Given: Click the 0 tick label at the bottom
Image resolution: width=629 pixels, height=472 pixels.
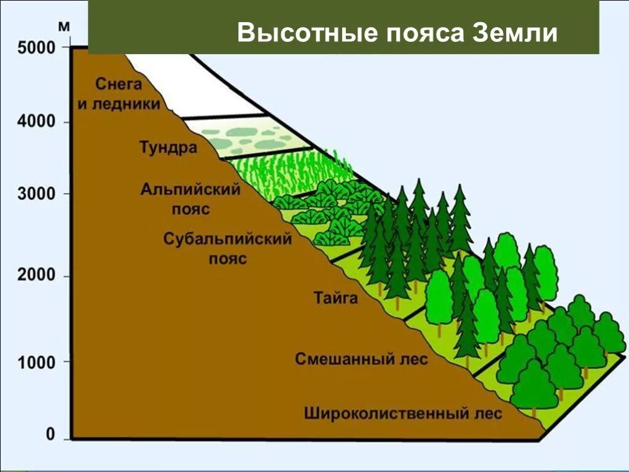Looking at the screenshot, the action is point(50,435).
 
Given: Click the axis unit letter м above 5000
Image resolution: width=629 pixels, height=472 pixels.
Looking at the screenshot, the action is point(64,27).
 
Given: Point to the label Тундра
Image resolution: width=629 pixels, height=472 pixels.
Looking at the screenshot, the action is point(167,148).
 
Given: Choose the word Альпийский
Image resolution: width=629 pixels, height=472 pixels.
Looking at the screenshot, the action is point(190,189).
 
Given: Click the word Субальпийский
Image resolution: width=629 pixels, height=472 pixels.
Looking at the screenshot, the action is point(227,239).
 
